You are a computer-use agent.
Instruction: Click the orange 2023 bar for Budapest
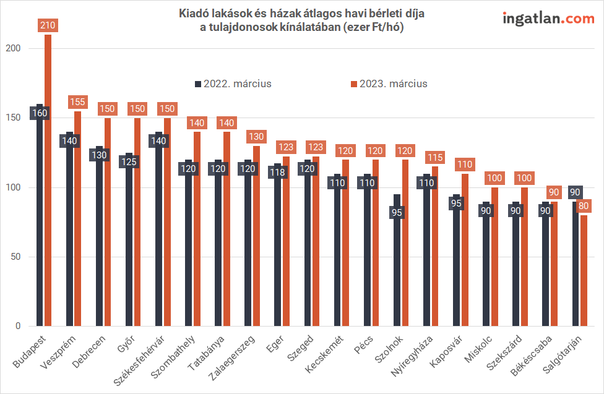click(48, 186)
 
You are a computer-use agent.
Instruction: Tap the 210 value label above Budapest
click(48, 25)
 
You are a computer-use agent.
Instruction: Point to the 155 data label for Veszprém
click(78, 102)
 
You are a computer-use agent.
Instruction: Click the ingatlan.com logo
click(548, 18)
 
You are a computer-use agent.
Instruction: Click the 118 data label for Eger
click(278, 173)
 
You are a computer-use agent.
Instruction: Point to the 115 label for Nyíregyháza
click(435, 158)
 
